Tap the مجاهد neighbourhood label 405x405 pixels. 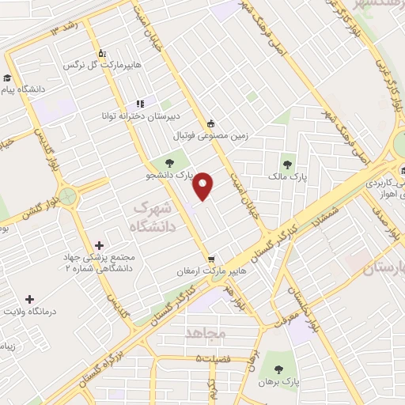click(x=205, y=333)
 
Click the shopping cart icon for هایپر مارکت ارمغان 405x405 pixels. click(x=211, y=259)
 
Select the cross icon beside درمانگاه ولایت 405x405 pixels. click(x=30, y=299)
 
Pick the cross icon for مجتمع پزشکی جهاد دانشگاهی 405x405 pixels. click(x=98, y=246)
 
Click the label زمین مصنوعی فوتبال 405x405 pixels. click(x=211, y=136)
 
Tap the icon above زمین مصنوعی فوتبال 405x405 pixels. click(x=210, y=123)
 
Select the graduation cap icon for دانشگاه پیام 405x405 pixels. click(x=8, y=78)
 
